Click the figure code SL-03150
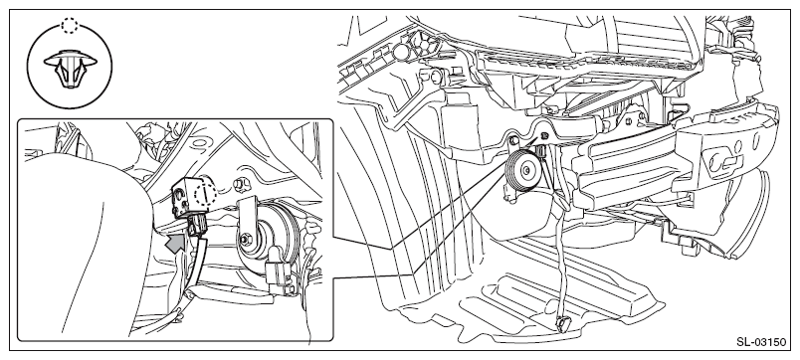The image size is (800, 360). [x=761, y=342]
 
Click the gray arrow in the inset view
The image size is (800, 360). [x=175, y=244]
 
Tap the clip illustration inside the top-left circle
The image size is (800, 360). [x=70, y=68]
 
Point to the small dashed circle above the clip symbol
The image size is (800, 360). [x=70, y=25]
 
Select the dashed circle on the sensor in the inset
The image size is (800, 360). [x=206, y=195]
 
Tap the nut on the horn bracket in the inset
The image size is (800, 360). [x=246, y=238]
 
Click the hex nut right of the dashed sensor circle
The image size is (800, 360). [x=238, y=184]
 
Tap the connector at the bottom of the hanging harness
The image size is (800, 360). [x=563, y=323]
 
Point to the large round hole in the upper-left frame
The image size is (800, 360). [x=402, y=50]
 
